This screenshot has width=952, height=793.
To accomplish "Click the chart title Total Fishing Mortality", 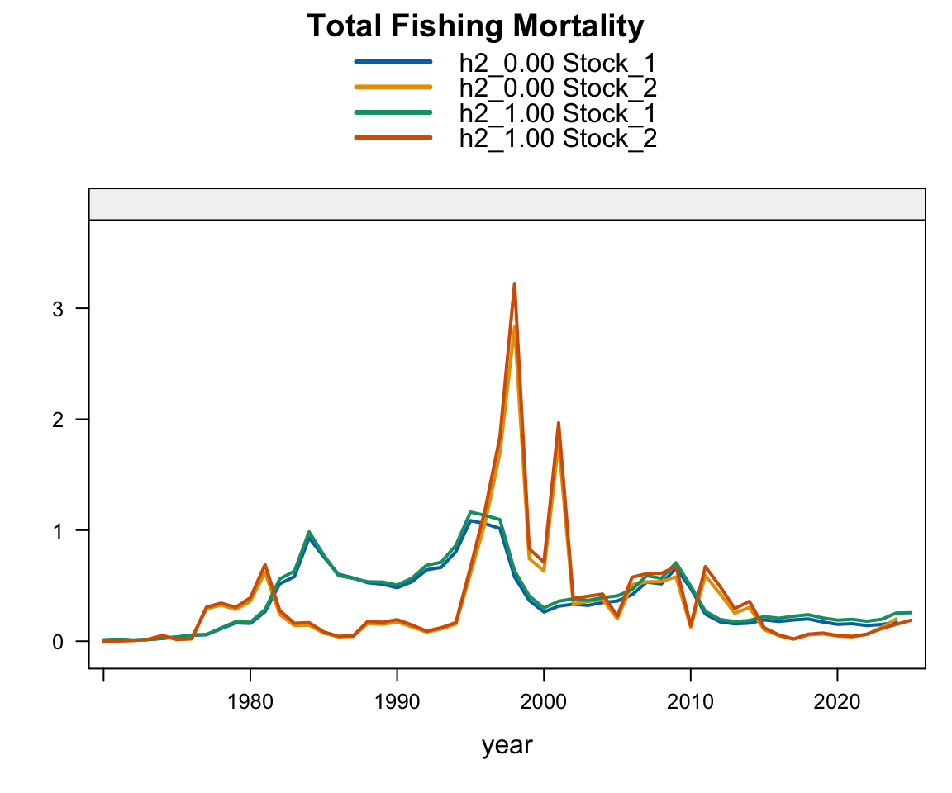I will [x=475, y=27].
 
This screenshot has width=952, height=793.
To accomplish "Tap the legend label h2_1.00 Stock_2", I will [x=558, y=138].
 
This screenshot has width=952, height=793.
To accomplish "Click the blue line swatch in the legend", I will [x=393, y=62].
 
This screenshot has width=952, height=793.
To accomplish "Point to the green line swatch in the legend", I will [x=393, y=112].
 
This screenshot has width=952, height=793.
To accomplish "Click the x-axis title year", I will [x=507, y=745].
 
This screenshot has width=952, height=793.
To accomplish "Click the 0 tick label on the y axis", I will [x=59, y=641].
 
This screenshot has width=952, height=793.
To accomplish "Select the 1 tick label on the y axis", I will [x=59, y=530].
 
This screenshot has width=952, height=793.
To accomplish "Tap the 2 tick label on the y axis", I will [x=59, y=420].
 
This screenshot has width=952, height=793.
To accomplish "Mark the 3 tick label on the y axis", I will [x=59, y=309].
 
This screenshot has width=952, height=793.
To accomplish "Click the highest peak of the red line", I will [x=514, y=283].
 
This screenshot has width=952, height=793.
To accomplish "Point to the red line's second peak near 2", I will [x=559, y=423].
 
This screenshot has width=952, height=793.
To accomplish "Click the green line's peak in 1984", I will [x=309, y=532].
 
